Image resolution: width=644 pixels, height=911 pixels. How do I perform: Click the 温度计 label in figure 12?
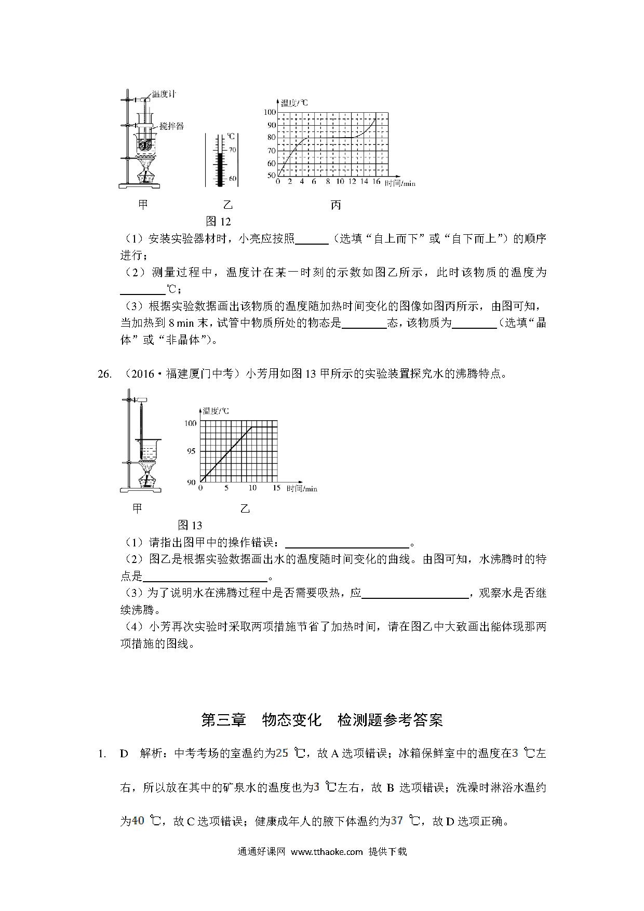(x=164, y=95)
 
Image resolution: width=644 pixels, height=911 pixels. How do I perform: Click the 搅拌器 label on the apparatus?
(x=171, y=126)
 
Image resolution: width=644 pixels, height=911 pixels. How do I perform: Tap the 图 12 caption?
(x=218, y=222)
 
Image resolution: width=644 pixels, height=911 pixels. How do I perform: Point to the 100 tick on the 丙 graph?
(x=270, y=112)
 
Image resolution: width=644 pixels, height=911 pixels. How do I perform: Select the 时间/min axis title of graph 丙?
(x=400, y=183)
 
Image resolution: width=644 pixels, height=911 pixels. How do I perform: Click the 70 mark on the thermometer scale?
(x=232, y=150)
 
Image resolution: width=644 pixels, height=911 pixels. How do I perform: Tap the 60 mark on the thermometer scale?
(x=232, y=179)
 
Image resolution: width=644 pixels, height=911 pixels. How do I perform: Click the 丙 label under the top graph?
(x=336, y=206)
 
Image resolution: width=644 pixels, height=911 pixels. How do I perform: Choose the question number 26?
(x=104, y=374)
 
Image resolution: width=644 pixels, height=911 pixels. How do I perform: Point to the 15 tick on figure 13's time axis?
(x=276, y=488)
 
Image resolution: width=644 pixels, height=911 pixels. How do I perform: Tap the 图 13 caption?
(x=190, y=525)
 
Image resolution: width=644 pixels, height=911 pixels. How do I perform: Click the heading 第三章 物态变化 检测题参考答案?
(x=321, y=720)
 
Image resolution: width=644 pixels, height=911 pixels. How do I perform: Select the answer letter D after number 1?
(x=124, y=754)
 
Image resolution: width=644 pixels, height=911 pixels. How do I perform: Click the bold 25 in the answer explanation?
(x=281, y=753)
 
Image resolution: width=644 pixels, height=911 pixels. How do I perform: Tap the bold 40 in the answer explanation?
(x=138, y=821)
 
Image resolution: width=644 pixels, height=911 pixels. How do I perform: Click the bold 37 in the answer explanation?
(x=397, y=821)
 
